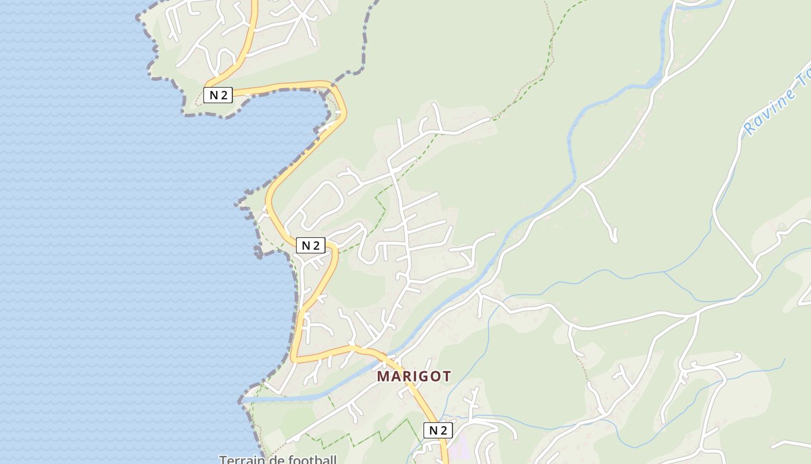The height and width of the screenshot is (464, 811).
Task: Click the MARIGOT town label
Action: point(414,376)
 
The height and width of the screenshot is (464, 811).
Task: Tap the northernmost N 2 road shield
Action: point(218,95)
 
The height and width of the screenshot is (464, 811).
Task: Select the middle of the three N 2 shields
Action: point(310,245)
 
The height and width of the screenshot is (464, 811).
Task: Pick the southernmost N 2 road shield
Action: point(438,430)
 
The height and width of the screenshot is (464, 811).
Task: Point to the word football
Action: point(310,460)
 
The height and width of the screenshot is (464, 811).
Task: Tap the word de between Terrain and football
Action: point(273,460)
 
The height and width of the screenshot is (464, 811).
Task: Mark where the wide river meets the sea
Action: point(246,400)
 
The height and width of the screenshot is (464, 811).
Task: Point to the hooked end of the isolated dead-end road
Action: point(614,238)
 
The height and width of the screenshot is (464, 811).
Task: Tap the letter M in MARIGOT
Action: point(383,376)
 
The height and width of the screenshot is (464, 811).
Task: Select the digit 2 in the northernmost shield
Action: point(223,95)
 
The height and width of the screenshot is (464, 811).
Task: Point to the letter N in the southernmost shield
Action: point(433,430)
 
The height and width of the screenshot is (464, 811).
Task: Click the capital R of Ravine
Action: point(751,126)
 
